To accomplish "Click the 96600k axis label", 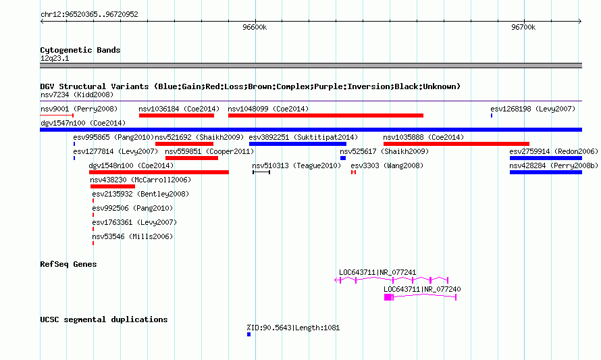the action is [x=255, y=27].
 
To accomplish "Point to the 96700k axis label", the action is [x=523, y=27].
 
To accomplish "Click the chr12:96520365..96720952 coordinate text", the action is [x=89, y=14].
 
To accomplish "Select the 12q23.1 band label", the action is [x=55, y=58].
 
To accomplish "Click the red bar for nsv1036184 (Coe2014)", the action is [x=177, y=115].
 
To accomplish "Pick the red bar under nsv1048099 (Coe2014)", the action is [x=325, y=115].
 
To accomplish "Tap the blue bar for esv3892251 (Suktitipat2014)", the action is [x=298, y=144].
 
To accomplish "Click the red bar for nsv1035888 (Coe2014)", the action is [x=456, y=144].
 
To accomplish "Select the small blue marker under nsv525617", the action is [x=343, y=158].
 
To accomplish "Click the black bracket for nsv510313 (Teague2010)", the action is [x=261, y=172].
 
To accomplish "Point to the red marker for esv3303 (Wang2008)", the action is [x=353, y=172].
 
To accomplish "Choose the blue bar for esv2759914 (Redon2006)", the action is [x=546, y=158].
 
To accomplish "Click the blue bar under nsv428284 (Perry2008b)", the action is [x=546, y=172].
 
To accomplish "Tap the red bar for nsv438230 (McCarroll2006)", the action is [x=113, y=186].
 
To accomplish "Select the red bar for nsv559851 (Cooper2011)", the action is [x=192, y=158].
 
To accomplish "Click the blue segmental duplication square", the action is [x=249, y=334].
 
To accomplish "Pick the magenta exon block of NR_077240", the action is [x=388, y=297].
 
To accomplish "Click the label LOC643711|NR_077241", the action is [x=377, y=272].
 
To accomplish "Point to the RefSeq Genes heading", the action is [x=68, y=264].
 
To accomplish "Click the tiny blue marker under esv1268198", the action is [x=492, y=115].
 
